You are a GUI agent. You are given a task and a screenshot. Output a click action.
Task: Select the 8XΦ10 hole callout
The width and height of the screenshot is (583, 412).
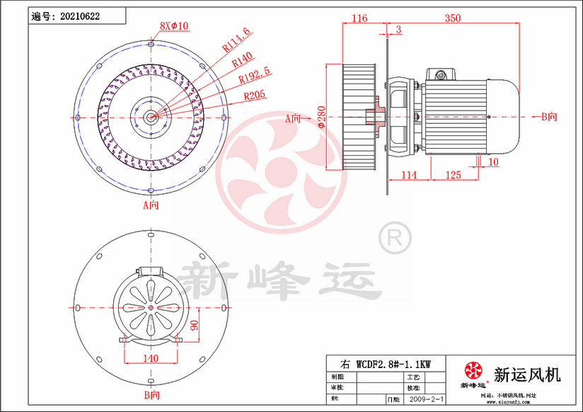pyautogui.click(x=173, y=25)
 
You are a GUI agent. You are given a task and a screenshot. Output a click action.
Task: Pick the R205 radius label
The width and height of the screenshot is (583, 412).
pyautogui.click(x=255, y=95)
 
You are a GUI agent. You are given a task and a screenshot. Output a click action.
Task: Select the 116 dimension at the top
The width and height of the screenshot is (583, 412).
pyautogui.click(x=359, y=18)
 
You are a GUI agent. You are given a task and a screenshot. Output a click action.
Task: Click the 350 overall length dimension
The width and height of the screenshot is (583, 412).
pyautogui.click(x=455, y=18)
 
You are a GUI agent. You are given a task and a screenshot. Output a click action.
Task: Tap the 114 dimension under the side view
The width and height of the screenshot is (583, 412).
pyautogui.click(x=409, y=174)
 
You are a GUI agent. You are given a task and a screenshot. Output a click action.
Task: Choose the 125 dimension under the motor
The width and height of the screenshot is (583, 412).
pyautogui.click(x=454, y=174)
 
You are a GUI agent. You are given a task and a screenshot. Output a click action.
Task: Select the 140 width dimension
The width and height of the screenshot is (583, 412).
pyautogui.click(x=151, y=358)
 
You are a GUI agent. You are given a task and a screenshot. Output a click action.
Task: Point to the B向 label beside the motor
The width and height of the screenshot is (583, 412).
pyautogui.click(x=549, y=117)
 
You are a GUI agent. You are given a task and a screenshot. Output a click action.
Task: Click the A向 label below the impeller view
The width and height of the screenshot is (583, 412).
pyautogui.click(x=151, y=206)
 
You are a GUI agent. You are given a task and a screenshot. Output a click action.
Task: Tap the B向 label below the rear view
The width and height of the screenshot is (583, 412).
pyautogui.click(x=151, y=394)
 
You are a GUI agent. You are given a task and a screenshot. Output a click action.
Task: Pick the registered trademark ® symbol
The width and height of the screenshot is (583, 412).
pyautogui.click(x=394, y=238)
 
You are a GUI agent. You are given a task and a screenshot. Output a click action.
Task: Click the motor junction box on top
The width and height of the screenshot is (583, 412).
pyautogui.click(x=439, y=74)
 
